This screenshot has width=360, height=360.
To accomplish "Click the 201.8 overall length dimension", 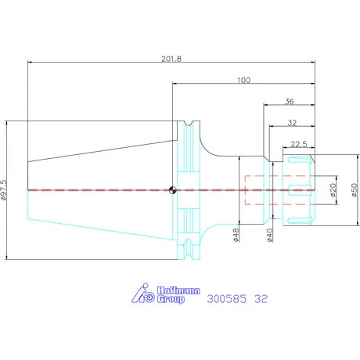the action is point(171,59).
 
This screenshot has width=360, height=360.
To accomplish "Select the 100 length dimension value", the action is point(243,80).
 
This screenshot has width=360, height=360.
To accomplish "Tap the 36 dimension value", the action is point(289,102).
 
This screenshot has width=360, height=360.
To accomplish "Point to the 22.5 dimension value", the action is point(299,144).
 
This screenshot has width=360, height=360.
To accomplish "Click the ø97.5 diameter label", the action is point(4,190).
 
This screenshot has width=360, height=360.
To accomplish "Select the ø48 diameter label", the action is point(236,235).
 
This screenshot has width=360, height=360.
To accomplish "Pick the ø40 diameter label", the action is point(270,235).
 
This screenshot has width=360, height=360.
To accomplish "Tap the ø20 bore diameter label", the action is point(333,190).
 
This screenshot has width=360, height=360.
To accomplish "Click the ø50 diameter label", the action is point(354,190).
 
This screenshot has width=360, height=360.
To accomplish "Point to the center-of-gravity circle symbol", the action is point(172,190).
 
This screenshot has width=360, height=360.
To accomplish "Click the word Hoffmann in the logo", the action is point(178,290).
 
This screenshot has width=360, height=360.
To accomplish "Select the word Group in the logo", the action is point(171,299).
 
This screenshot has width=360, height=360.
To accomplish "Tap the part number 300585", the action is point(226,299).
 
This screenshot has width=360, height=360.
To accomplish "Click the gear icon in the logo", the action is point(149,297).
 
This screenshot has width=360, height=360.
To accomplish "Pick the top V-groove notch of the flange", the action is point(188,124).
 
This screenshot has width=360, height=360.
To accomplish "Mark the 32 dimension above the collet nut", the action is point(292,123).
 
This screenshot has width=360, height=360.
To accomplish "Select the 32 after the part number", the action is point(261,299).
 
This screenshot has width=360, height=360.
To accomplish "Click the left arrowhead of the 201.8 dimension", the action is point(30,63).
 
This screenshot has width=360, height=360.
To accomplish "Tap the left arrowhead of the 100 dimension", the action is point(175,84).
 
